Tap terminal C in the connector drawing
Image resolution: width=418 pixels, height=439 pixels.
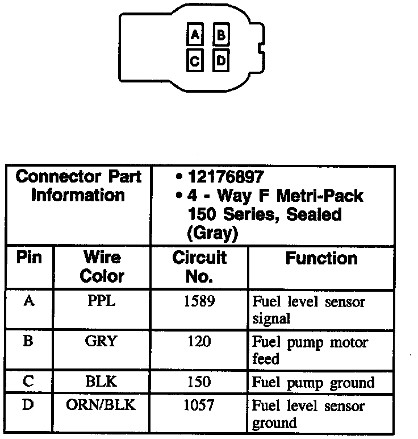point(195,60)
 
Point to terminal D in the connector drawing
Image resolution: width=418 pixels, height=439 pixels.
point(221,60)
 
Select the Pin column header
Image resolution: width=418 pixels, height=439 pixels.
point(29,258)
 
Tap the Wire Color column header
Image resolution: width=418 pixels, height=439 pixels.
point(102,267)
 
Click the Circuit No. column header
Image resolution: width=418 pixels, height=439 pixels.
point(199,267)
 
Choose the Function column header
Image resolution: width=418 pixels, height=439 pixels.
point(321,258)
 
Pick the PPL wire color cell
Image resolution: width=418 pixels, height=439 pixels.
point(102,301)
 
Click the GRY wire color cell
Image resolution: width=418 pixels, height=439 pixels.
point(102,342)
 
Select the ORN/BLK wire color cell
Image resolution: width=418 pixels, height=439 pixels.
point(102,405)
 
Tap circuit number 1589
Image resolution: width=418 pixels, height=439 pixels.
point(199,301)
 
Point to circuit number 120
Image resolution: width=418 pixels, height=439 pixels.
point(199,342)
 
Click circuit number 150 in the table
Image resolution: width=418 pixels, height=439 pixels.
point(199,382)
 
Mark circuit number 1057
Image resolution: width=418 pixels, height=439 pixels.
point(199,405)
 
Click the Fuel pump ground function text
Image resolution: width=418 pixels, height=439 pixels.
point(313,382)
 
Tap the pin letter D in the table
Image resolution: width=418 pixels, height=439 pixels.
point(29,405)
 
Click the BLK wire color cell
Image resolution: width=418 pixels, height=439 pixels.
point(102,382)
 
